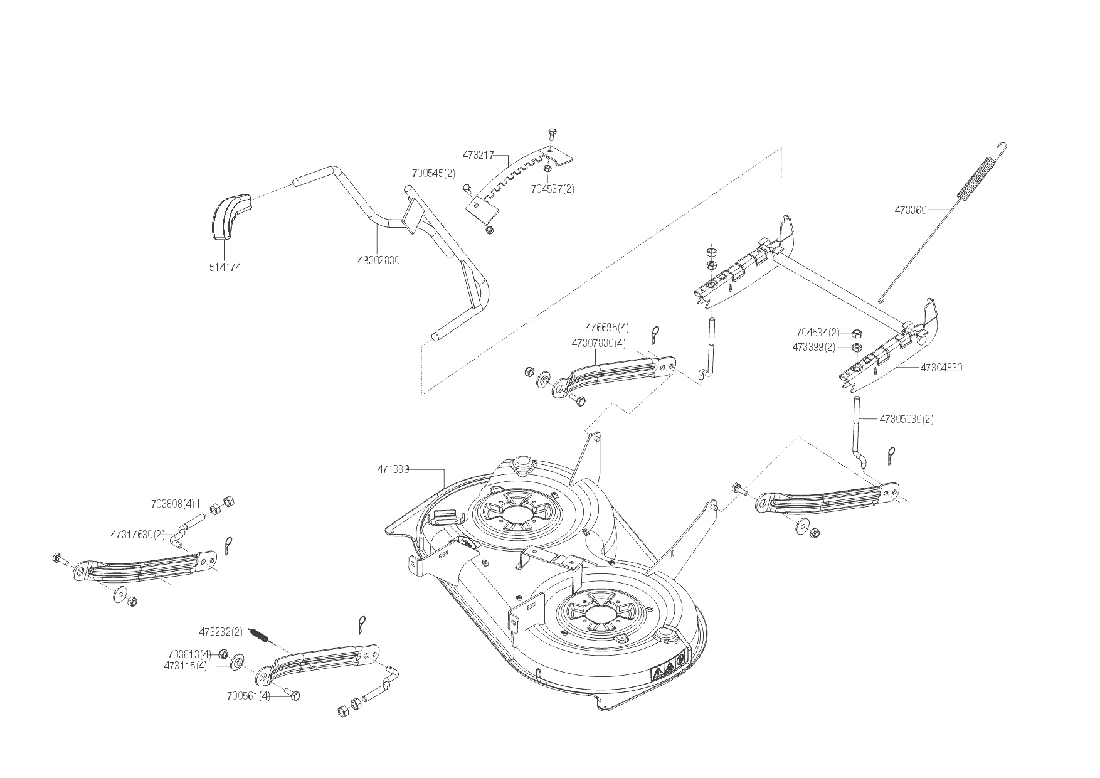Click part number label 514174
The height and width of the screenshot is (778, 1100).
pyautogui.click(x=225, y=267)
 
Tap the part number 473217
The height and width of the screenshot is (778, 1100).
pyautogui.click(x=479, y=154)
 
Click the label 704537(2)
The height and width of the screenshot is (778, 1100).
pyautogui.click(x=553, y=188)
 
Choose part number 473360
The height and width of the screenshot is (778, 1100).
pyautogui.click(x=911, y=211)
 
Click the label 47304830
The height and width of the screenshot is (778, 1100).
pyautogui.click(x=941, y=368)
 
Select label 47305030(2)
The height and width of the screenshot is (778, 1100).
pyautogui.click(x=906, y=419)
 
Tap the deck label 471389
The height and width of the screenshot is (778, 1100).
pyautogui.click(x=393, y=469)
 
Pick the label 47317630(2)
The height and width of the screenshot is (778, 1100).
pyautogui.click(x=137, y=535)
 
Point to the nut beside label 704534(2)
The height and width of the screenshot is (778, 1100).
pyautogui.click(x=857, y=333)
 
